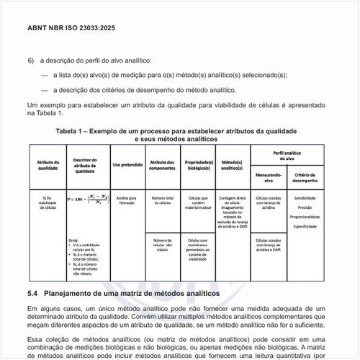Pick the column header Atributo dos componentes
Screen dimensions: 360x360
click(x=162, y=166)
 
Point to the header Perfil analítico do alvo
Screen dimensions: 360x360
click(x=286, y=155)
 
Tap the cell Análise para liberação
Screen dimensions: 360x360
click(x=127, y=199)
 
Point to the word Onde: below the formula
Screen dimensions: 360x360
click(x=73, y=240)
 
